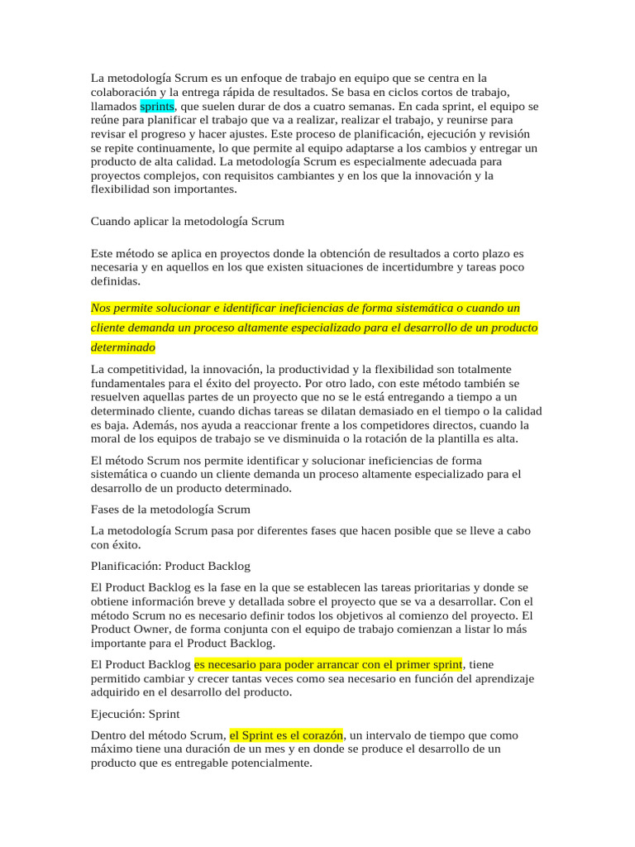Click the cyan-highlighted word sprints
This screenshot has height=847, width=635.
pos(157,107)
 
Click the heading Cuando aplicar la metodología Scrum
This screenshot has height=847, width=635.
pos(187,221)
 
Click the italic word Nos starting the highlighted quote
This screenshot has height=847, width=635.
pos(100,308)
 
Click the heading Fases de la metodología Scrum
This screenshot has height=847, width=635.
pos(170,509)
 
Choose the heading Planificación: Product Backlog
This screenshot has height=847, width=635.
pos(170,567)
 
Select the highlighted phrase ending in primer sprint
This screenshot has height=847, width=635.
pos(329,664)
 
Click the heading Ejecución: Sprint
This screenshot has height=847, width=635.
pos(136,713)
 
